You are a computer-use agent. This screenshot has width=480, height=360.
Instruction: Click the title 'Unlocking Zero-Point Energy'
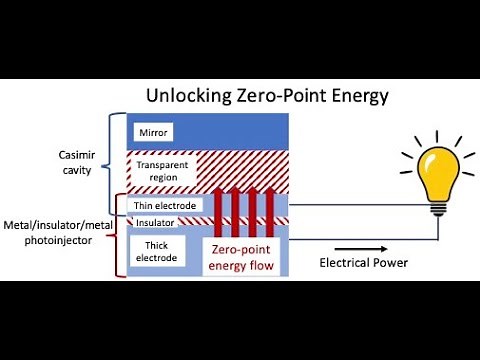tap(267, 97)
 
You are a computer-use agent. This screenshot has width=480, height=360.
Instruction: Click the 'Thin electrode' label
tap(167, 206)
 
